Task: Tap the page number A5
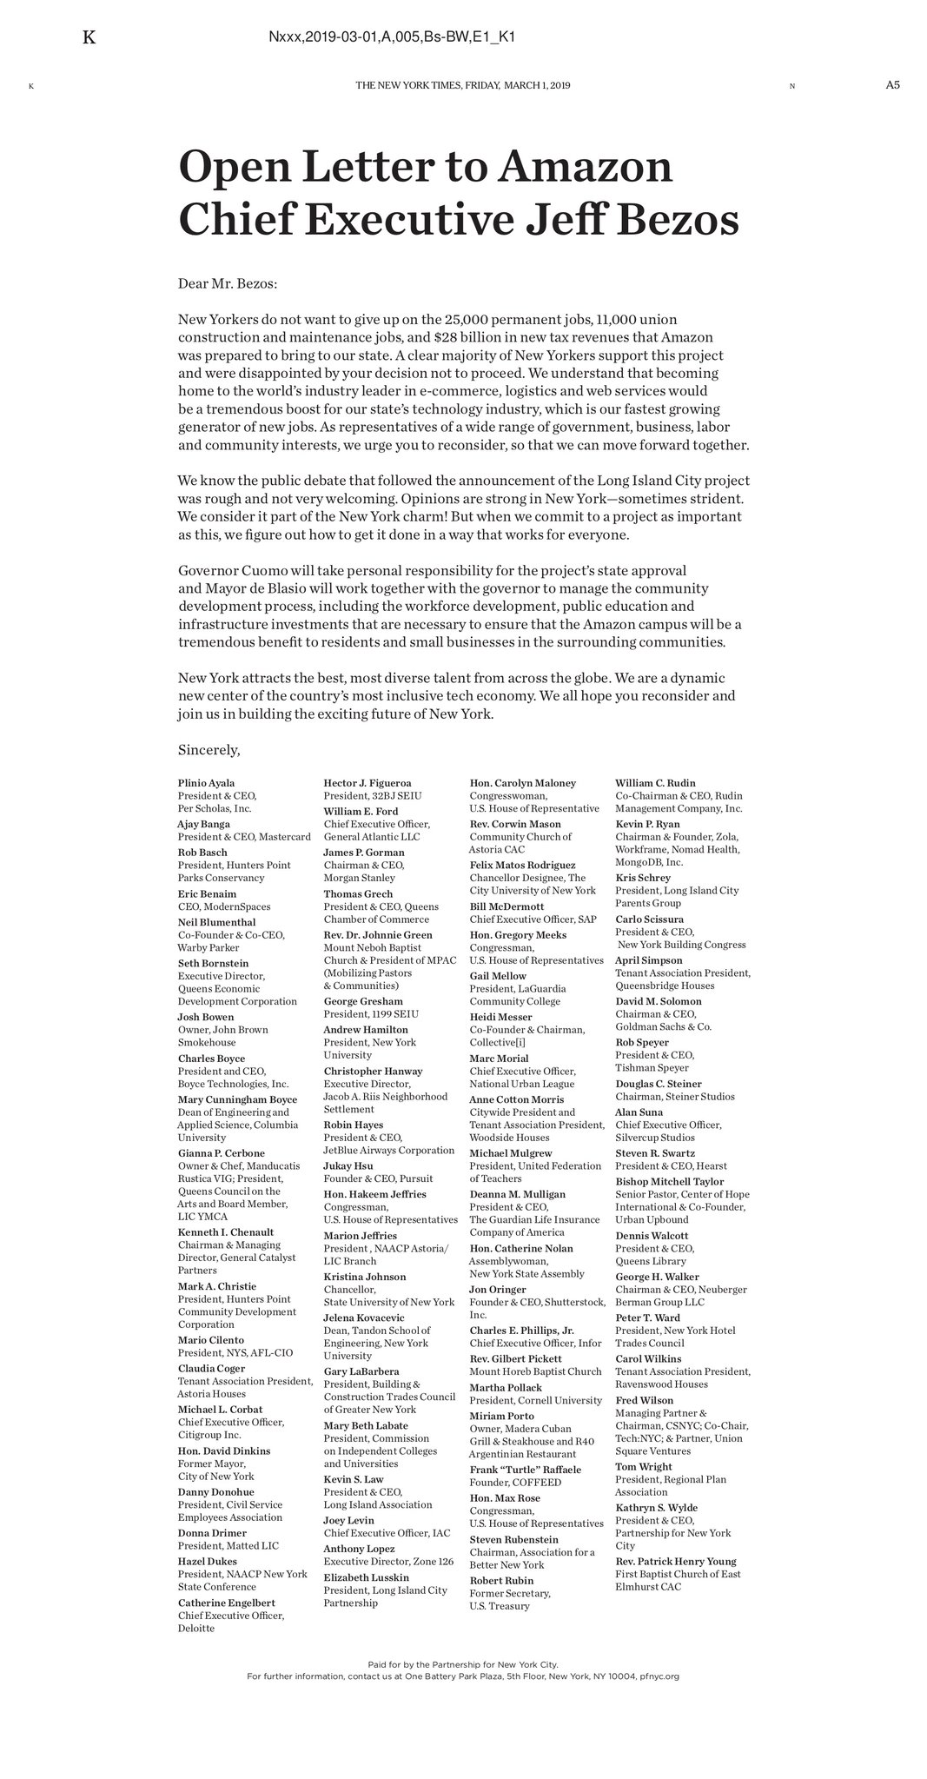pyautogui.click(x=892, y=85)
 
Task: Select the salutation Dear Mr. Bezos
pyautogui.click(x=227, y=283)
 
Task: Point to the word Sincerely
pyautogui.click(x=209, y=749)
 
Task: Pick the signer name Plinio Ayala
pyautogui.click(x=206, y=783)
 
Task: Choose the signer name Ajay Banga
pyautogui.click(x=204, y=824)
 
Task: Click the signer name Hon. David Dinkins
pyautogui.click(x=224, y=1450)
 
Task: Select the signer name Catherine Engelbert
pyautogui.click(x=226, y=1603)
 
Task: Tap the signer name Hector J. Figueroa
pyautogui.click(x=367, y=783)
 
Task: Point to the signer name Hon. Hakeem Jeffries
pyautogui.click(x=375, y=1194)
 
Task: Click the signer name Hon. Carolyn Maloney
pyautogui.click(x=522, y=783)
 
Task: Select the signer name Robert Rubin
pyautogui.click(x=501, y=1580)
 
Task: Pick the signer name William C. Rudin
pyautogui.click(x=655, y=783)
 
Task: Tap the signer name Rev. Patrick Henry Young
pyautogui.click(x=675, y=1561)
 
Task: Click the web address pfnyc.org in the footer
pyautogui.click(x=660, y=1676)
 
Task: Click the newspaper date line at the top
pyautogui.click(x=462, y=85)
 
